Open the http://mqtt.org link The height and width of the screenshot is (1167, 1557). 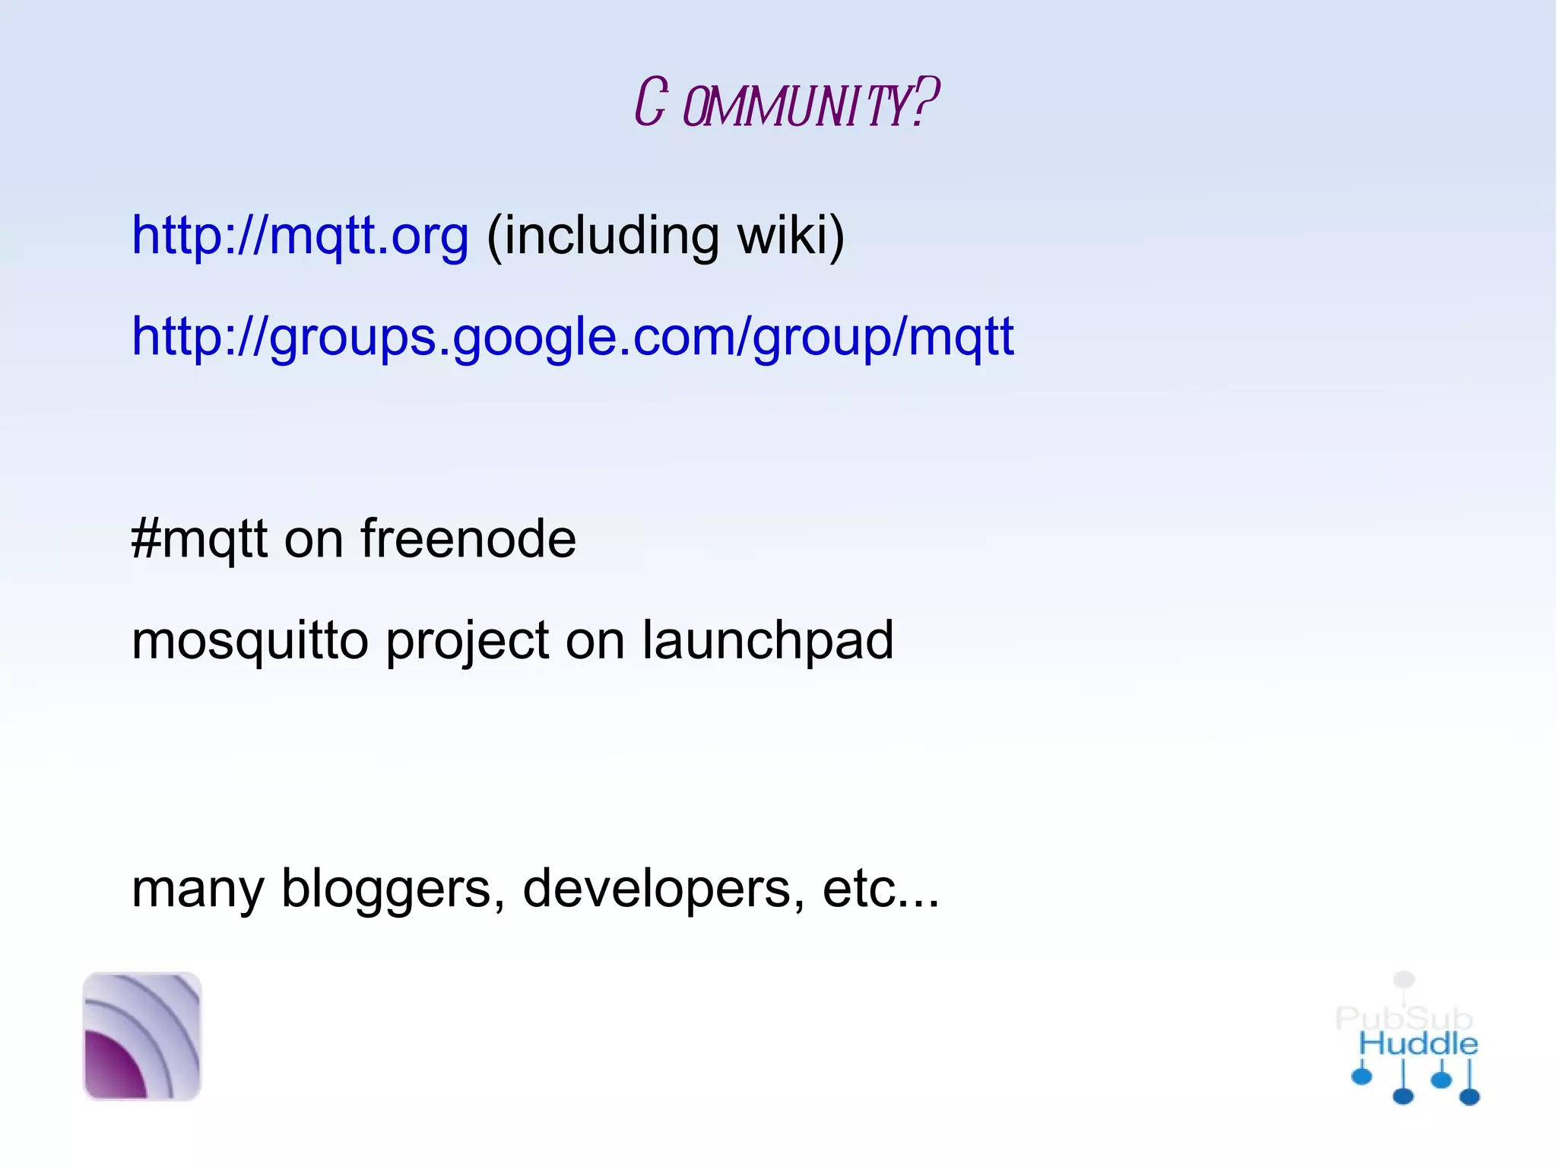tap(300, 235)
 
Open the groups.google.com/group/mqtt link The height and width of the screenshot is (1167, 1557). tap(572, 336)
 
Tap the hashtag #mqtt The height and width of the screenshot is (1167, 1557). tap(199, 539)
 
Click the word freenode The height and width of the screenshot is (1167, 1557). tap(468, 539)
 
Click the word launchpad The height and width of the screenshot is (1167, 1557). tap(768, 640)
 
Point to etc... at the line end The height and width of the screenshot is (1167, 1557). tap(880, 889)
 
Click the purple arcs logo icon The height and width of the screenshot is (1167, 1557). tap(142, 1036)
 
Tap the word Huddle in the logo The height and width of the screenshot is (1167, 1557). tap(1418, 1045)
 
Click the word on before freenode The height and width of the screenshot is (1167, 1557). tap(314, 539)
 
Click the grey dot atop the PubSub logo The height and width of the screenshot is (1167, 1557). tap(1404, 979)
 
